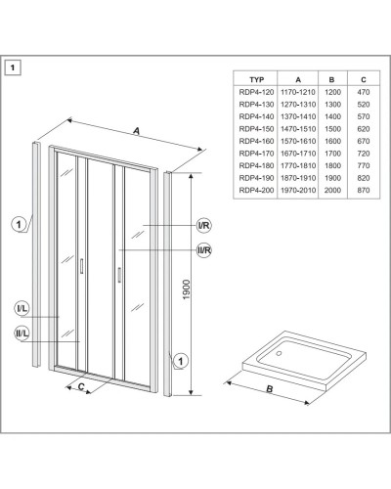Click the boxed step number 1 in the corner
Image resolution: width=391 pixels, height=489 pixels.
tap(13, 67)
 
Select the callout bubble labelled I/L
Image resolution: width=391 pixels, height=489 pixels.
tap(22, 308)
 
